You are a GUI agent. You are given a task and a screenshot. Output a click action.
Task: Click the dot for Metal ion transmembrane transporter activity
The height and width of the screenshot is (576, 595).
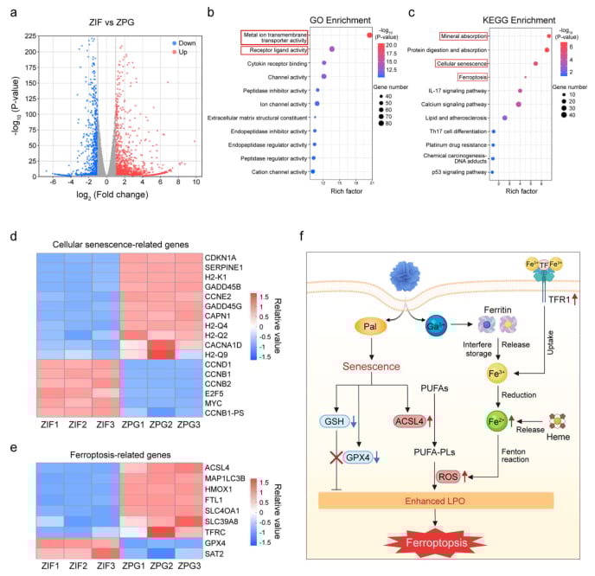[369, 35]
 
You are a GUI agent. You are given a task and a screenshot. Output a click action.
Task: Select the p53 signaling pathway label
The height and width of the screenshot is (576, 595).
[460, 172]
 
